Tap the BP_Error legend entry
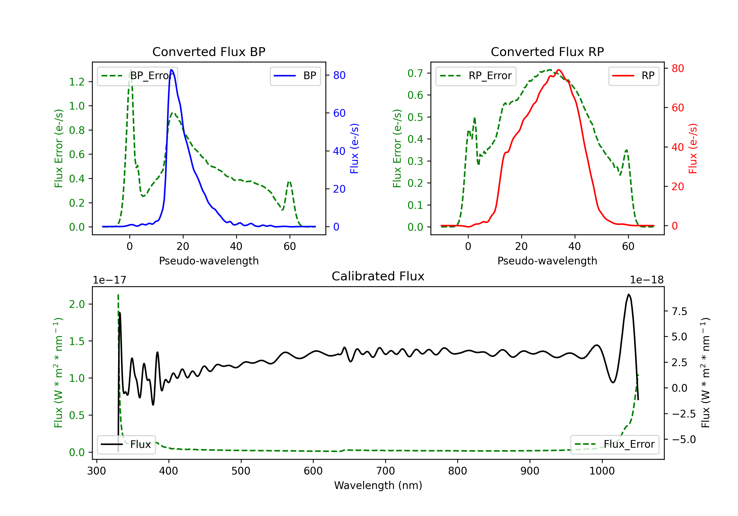137,76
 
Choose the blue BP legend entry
295,76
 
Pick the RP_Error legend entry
476,76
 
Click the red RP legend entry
633,76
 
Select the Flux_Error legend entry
615,444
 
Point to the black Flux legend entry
126,444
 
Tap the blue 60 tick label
339,113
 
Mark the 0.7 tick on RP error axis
415,73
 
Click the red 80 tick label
677,68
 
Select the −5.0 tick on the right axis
683,439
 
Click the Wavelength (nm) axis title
378,485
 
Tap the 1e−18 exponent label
646,280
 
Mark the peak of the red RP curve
559,70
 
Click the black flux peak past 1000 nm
629,294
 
